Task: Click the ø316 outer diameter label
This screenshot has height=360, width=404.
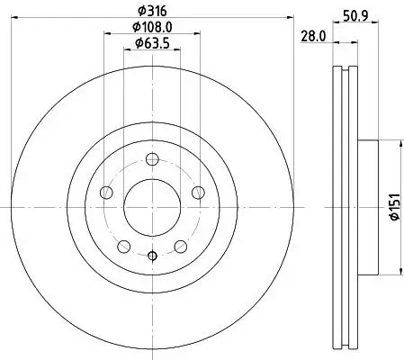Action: click(150, 10)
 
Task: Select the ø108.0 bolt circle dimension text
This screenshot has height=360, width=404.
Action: click(150, 27)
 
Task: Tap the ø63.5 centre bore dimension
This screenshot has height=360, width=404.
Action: click(150, 43)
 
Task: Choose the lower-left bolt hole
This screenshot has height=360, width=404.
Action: click(123, 245)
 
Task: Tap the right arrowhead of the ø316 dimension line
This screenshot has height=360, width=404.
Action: click(292, 17)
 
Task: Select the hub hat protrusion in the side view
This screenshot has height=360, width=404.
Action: click(367, 208)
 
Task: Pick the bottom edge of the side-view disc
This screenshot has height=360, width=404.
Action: click(346, 349)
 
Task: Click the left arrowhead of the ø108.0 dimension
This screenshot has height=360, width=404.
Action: click(106, 34)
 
